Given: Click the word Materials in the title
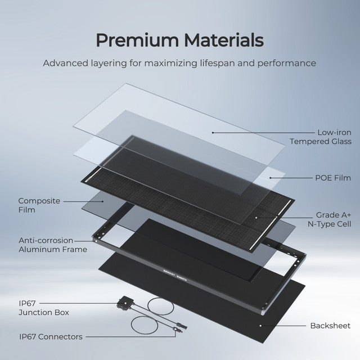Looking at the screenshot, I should point(222,40).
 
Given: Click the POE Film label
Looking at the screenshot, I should point(332,178).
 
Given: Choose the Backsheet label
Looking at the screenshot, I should point(330,326).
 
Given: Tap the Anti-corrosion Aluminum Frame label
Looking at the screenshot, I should point(53,245).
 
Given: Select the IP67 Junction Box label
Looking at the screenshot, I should point(44,307).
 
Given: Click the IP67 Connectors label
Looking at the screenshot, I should point(51,337).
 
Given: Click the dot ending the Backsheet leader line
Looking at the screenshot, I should point(260,326).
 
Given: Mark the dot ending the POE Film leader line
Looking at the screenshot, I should point(270,178).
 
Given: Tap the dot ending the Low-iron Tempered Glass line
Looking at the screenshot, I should point(213,132).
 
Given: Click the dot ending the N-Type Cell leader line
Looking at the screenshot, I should point(256,216).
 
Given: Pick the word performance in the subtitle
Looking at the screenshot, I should point(287,62).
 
